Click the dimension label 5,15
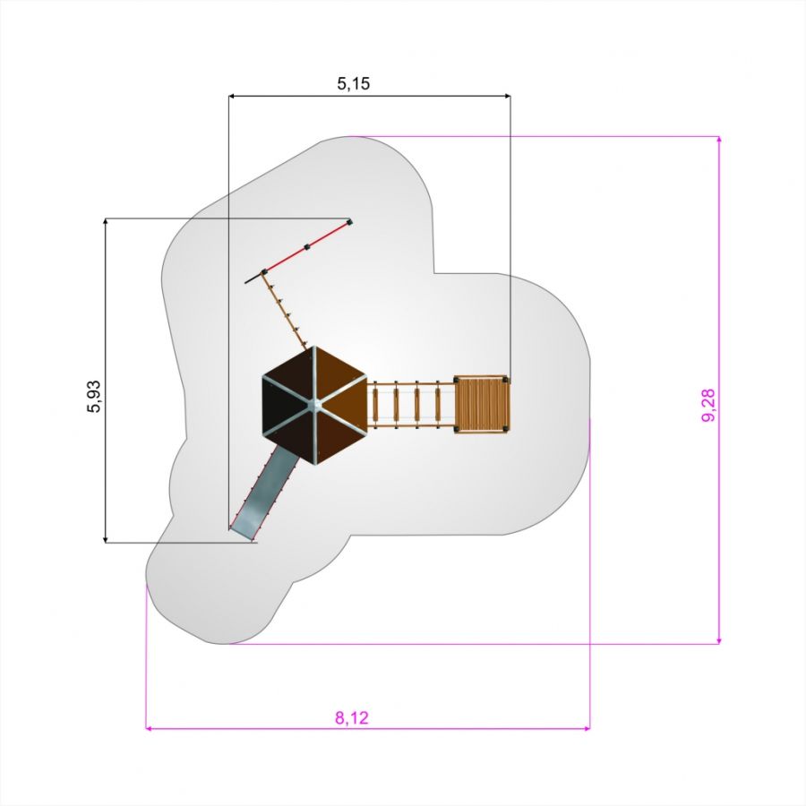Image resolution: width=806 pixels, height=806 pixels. click(x=353, y=83)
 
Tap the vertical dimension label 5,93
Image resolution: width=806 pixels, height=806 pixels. click(x=94, y=397)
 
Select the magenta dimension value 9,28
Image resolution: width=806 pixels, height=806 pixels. click(x=708, y=405)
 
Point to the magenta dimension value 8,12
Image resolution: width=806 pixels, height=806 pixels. click(x=352, y=717)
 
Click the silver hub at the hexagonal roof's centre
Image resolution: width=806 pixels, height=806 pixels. click(x=314, y=405)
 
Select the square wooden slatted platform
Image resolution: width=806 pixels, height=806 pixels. click(x=482, y=405)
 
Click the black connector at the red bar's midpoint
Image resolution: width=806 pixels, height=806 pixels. click(x=307, y=247)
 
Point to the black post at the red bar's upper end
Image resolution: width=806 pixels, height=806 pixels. click(x=349, y=223)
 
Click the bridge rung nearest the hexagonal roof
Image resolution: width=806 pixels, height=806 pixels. click(x=375, y=404)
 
